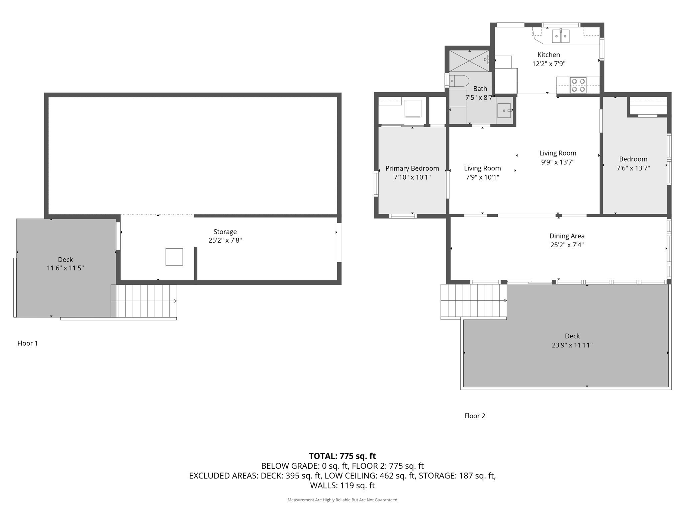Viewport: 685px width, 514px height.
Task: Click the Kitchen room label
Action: coord(549,55)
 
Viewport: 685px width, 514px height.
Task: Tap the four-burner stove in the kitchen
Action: coord(578,85)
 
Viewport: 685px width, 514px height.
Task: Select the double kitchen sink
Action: coord(561,36)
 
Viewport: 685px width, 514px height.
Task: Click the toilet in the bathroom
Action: coord(459,81)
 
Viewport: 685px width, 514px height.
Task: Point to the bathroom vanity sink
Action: coord(504,110)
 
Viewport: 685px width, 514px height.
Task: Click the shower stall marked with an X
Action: coord(469,61)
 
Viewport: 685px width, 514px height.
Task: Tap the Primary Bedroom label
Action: coord(412,168)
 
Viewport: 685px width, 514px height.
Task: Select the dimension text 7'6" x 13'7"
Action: coord(633,168)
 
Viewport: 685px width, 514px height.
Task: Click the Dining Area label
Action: coord(567,236)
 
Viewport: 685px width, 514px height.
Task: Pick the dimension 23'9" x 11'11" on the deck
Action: coord(572,345)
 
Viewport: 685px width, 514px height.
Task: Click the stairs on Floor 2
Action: coord(473,301)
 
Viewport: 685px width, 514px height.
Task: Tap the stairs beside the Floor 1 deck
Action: coord(144,301)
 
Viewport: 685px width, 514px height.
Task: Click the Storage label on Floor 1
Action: coord(225,232)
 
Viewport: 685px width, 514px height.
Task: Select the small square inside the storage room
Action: coord(174,257)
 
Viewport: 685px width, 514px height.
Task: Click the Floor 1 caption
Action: coord(27,343)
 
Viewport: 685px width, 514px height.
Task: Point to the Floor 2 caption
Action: coord(475,416)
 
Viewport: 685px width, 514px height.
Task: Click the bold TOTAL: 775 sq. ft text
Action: coord(342,456)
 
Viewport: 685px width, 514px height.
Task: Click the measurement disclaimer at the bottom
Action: coord(342,500)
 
